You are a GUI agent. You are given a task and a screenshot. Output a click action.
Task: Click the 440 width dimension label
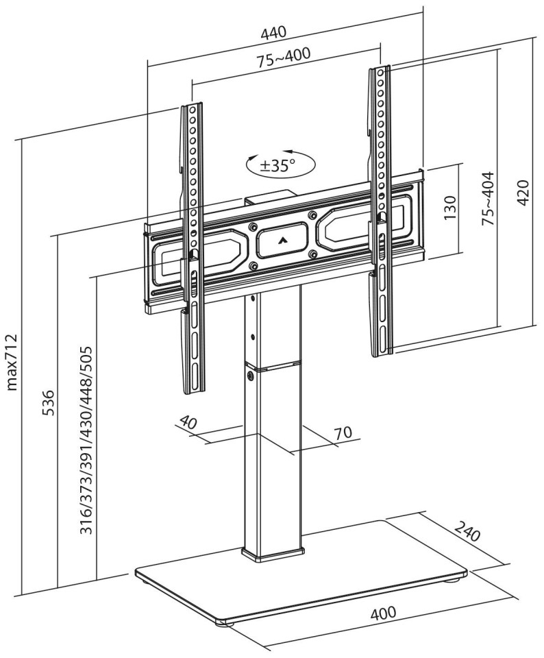point(273,32)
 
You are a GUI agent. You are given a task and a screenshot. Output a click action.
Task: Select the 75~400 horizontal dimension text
point(284,58)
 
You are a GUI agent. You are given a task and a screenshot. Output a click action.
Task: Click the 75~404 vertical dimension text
point(488,199)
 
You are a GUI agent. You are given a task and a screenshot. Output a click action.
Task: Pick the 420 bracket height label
point(522,193)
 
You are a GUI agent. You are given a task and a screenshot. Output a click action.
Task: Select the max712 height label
point(12,363)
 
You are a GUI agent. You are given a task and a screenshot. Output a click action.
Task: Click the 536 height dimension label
point(48,402)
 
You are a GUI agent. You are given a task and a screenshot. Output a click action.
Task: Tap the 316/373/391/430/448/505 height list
point(86,440)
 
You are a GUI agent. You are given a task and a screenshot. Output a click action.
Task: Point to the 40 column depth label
point(188,422)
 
